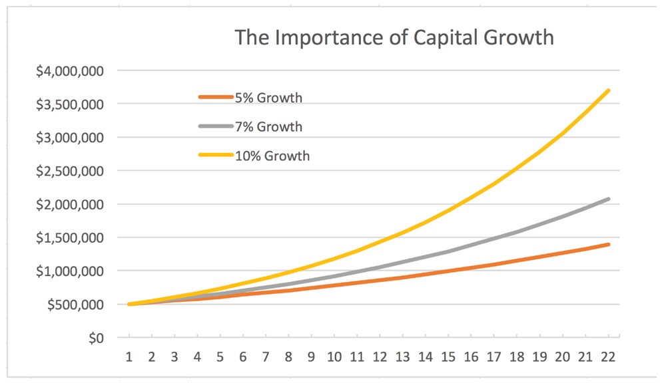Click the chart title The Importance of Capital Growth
(394, 37)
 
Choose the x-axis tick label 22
(607, 357)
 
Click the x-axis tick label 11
(358, 357)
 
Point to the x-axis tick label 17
(494, 357)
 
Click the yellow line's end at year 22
(608, 90)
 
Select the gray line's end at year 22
(608, 199)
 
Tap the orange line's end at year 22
(608, 245)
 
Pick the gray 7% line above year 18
(517, 232)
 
